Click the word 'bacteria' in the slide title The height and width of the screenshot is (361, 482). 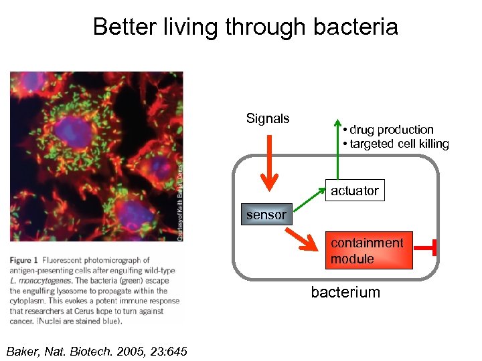tap(355, 27)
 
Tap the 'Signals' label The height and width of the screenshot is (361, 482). tap(268, 119)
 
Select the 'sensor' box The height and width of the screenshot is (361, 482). tap(266, 215)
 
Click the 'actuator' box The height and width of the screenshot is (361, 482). tap(354, 191)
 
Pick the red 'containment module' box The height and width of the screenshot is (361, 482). tap(368, 251)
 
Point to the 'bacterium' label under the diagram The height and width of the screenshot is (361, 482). tap(345, 292)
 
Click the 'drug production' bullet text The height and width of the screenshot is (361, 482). tap(391, 130)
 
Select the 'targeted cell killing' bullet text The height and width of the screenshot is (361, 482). tap(398, 144)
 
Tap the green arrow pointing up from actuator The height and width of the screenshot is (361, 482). tap(337, 150)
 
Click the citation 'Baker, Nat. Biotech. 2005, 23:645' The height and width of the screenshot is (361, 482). tap(96, 352)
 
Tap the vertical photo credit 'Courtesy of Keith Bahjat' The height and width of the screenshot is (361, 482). tap(179, 201)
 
